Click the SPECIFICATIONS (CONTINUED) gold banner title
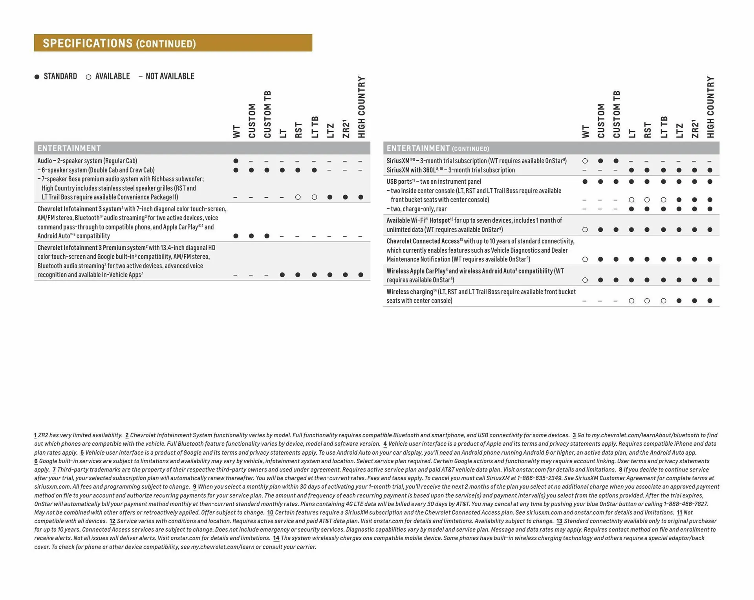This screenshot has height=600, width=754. click(x=119, y=43)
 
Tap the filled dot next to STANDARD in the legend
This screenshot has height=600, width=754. click(x=37, y=77)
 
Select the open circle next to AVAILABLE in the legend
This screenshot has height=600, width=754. click(x=88, y=77)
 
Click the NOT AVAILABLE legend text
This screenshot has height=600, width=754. click(x=170, y=76)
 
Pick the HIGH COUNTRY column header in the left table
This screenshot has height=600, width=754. click(x=361, y=107)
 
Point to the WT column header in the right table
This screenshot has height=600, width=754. click(x=586, y=132)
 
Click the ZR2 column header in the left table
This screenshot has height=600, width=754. click(x=346, y=129)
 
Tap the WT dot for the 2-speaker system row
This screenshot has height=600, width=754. click(x=236, y=161)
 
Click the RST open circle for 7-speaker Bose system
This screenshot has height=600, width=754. click(x=298, y=197)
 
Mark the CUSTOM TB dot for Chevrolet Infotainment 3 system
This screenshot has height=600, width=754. click(x=267, y=236)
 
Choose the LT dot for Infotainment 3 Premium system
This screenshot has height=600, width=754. click(x=282, y=275)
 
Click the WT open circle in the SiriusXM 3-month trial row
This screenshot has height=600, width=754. click(x=585, y=161)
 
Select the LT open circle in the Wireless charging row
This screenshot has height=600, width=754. click(x=631, y=301)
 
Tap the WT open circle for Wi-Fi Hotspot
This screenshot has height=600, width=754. click(x=585, y=230)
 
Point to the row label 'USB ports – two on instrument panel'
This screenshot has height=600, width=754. click(x=434, y=182)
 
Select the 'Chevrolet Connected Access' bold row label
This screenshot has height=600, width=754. click(x=423, y=241)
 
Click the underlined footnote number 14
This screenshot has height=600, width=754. click(x=276, y=538)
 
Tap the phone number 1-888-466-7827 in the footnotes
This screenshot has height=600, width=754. click(x=686, y=504)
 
